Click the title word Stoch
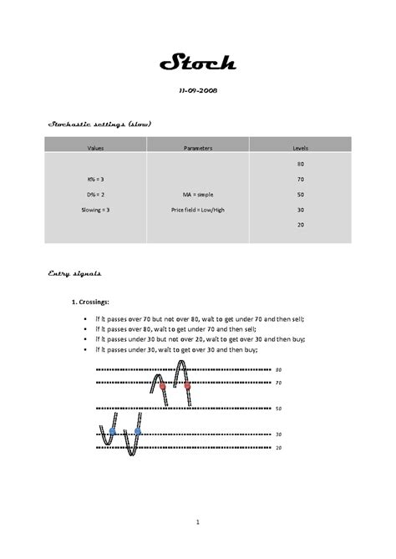[x=197, y=64]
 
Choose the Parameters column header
[x=198, y=148]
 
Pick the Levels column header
[x=300, y=148]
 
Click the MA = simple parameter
[x=198, y=195]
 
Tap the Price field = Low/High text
[x=198, y=209]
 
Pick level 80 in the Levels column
[x=300, y=165]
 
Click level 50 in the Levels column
[x=300, y=194]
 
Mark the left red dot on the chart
[x=162, y=387]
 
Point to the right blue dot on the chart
[x=138, y=431]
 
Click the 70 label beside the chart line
[x=279, y=383]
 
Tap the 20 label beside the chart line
[x=279, y=448]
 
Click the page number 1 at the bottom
[x=198, y=522]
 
